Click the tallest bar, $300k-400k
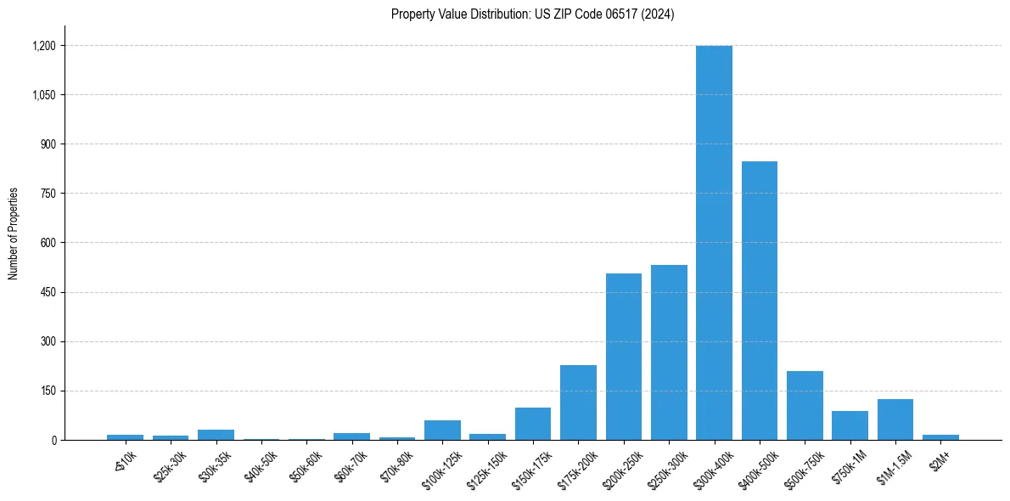pos(714,243)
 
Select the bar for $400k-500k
pos(760,301)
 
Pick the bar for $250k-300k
pos(669,352)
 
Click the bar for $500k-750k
pos(805,406)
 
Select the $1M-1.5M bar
pos(895,419)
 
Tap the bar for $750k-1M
pos(850,425)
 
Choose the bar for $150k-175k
pos(533,424)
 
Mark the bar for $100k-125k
pos(442,431)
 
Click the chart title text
pos(532,14)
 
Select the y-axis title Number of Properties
pos(14,234)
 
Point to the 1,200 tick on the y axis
pos(43,46)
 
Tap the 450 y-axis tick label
pos(47,292)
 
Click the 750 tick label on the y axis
pos(47,194)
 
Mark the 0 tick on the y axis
pos(53,440)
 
